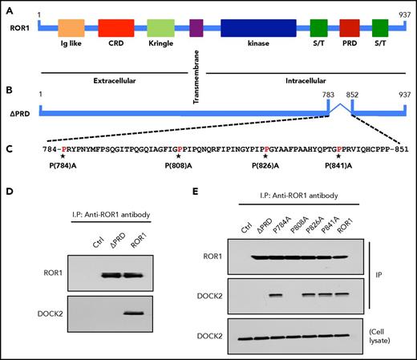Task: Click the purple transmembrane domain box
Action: (196, 29)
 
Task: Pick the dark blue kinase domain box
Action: (257, 29)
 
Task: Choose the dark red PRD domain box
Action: (350, 29)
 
